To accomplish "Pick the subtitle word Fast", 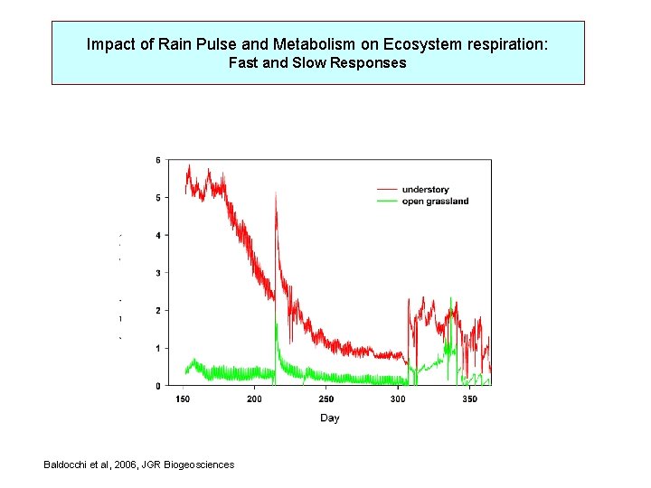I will point(243,63).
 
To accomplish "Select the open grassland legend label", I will point(435,202).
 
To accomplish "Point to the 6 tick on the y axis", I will point(157,160).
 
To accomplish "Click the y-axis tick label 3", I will point(157,273).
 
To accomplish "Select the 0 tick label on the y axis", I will point(157,386).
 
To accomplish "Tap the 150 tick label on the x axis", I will point(182,399).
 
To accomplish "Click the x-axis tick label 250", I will point(325,399).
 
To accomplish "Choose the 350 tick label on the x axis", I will point(469,399).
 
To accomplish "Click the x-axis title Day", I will point(329,418).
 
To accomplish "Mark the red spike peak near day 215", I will point(276,192).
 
